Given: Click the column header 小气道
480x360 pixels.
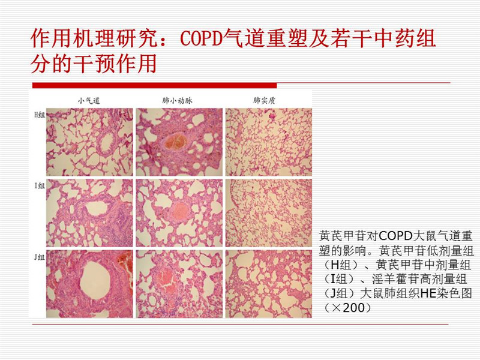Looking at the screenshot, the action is click(x=89, y=100).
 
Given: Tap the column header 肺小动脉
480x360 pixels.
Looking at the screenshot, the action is click(x=177, y=100).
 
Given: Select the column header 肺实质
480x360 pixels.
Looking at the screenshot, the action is click(x=264, y=100).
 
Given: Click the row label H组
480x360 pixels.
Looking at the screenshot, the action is click(x=40, y=115).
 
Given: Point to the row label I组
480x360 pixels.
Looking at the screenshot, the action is click(x=40, y=185).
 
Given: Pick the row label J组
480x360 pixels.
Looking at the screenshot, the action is click(x=40, y=257).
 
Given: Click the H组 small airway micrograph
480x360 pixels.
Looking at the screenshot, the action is click(x=89, y=142).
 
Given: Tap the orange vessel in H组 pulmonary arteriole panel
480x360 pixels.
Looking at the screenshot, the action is click(x=175, y=142).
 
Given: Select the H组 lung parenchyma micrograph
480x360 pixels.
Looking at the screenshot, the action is click(x=269, y=142).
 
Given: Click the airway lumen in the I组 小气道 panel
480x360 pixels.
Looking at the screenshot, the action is click(x=96, y=209).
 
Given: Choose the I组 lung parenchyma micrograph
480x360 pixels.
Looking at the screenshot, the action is click(x=269, y=213).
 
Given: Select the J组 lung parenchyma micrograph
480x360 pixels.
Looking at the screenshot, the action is click(x=269, y=284).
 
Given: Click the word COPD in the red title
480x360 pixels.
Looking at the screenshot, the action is click(x=202, y=38).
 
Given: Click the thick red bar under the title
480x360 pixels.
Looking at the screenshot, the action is click(x=154, y=85).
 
